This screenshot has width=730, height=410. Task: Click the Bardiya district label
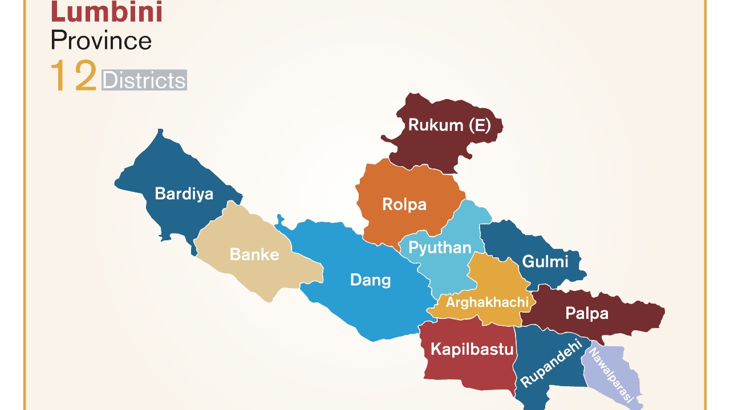[184, 194]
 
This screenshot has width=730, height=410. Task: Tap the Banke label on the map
[254, 255]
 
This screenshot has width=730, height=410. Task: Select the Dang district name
[370, 280]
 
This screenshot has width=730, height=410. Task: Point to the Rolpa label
[404, 204]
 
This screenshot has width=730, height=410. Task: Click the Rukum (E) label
[449, 125]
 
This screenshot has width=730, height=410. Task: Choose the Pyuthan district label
[440, 248]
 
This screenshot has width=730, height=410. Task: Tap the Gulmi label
[545, 261]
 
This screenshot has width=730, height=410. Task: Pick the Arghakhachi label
[487, 302]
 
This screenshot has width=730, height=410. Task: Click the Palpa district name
[587, 313]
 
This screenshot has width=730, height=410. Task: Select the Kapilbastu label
[472, 349]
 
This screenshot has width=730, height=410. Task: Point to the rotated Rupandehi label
[551, 363]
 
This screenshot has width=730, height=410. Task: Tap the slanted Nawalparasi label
[611, 375]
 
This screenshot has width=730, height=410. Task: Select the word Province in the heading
[101, 40]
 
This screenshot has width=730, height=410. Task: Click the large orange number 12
[73, 76]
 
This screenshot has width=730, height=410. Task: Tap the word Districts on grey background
[144, 80]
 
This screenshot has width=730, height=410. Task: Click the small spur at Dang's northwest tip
[279, 218]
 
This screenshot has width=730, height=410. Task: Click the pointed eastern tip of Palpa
[663, 311]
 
